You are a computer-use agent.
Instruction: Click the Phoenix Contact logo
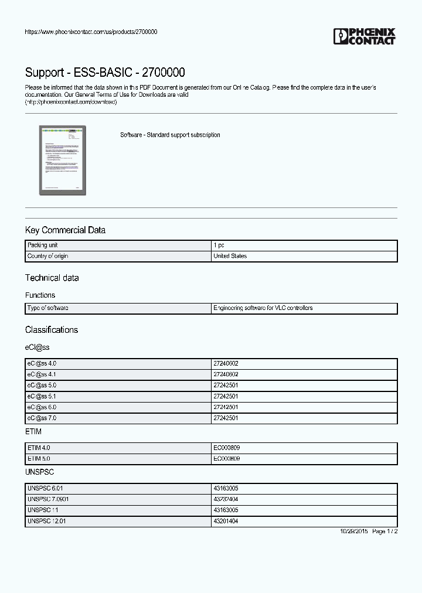pos(365,36)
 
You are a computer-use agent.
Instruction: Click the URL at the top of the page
pos(91,32)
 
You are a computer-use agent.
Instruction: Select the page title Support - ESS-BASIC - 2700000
pos(105,73)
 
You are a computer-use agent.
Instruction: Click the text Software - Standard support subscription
pos(170,135)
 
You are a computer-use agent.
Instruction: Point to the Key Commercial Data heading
pos(65,230)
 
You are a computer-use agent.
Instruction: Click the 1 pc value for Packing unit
pos(219,246)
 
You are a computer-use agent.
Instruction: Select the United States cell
pos(230,257)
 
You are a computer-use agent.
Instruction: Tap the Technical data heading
pos(52,278)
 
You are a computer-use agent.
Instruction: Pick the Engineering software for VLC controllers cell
pos(263,308)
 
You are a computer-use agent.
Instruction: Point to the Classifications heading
pos(52,330)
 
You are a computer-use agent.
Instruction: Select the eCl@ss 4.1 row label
pos(42,374)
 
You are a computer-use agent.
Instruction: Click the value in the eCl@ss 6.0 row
pos(226,407)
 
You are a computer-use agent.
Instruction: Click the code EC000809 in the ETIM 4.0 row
pos(226,448)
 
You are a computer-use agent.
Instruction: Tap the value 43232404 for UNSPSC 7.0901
pos(226,499)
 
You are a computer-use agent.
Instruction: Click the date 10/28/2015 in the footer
pos(354,531)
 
